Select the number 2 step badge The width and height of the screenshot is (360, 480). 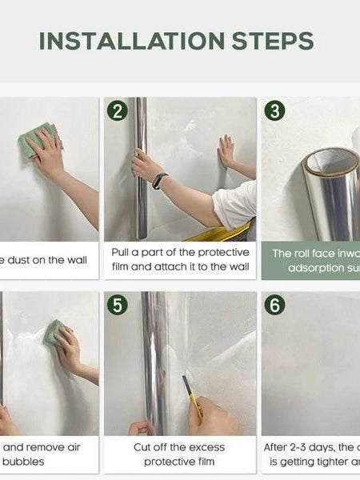[118, 111]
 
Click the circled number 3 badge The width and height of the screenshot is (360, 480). [274, 111]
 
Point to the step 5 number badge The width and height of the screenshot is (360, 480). [118, 305]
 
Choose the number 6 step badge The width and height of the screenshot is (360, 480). [274, 305]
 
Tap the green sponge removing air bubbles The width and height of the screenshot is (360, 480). [54, 332]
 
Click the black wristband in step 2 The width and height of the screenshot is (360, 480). [159, 181]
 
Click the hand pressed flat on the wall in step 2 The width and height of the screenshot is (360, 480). [226, 151]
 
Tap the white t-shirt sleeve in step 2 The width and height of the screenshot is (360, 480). [235, 205]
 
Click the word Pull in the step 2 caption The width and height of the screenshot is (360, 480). [123, 253]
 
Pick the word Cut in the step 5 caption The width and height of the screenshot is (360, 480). [144, 447]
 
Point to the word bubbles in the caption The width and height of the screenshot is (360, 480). [24, 462]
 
